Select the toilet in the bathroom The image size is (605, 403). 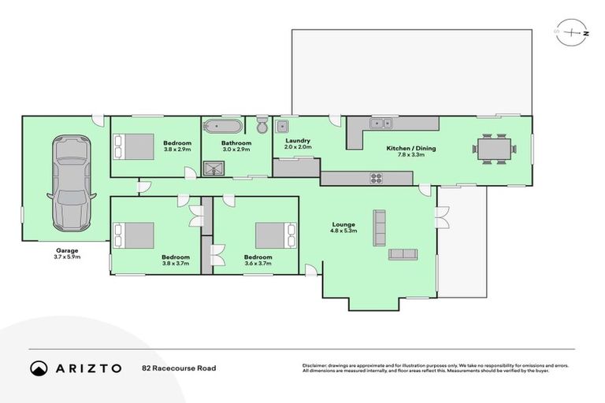click(262, 126)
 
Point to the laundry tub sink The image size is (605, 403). click(283, 128)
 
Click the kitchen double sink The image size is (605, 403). click(383, 122)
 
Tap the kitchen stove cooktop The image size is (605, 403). click(376, 178)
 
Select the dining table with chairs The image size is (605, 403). click(493, 149)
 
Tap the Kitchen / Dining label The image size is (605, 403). click(410, 148)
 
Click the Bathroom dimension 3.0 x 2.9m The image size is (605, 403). click(236, 149)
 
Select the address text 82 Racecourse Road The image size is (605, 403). click(179, 368)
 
